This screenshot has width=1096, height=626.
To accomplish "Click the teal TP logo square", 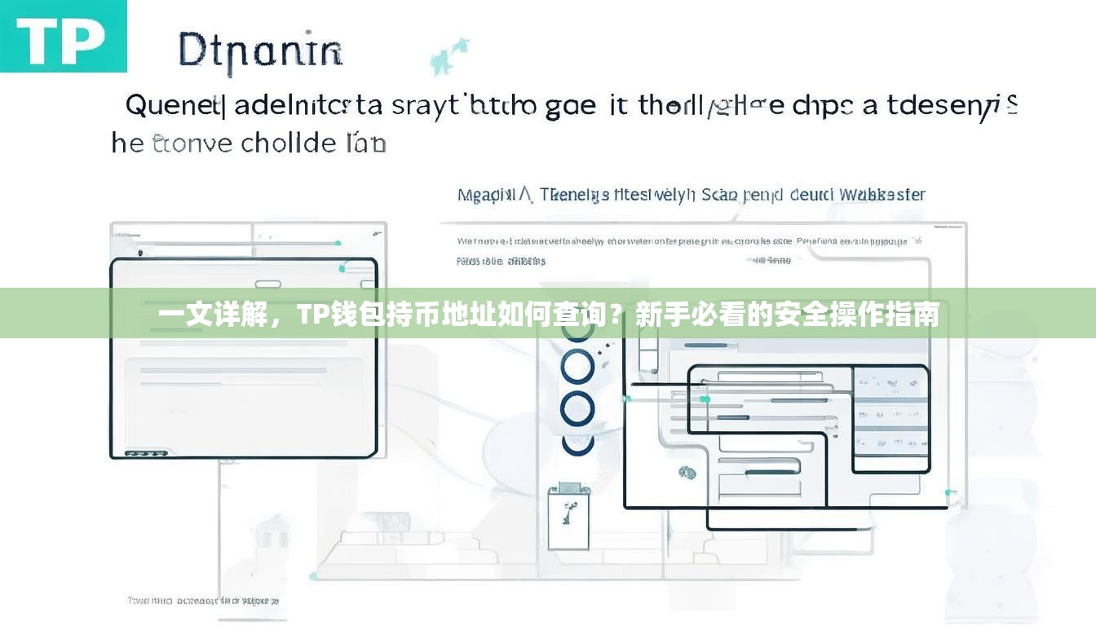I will [63, 36].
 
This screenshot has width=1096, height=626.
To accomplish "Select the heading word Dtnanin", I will [259, 51].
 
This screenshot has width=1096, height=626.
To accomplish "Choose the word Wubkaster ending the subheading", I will [883, 195].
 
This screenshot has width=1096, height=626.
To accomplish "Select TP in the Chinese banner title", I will [312, 314].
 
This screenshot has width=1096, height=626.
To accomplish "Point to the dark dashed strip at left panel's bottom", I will [146, 453].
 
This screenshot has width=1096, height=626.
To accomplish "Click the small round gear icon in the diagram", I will [687, 471].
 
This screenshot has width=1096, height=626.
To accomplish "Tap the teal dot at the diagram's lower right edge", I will [949, 493].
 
